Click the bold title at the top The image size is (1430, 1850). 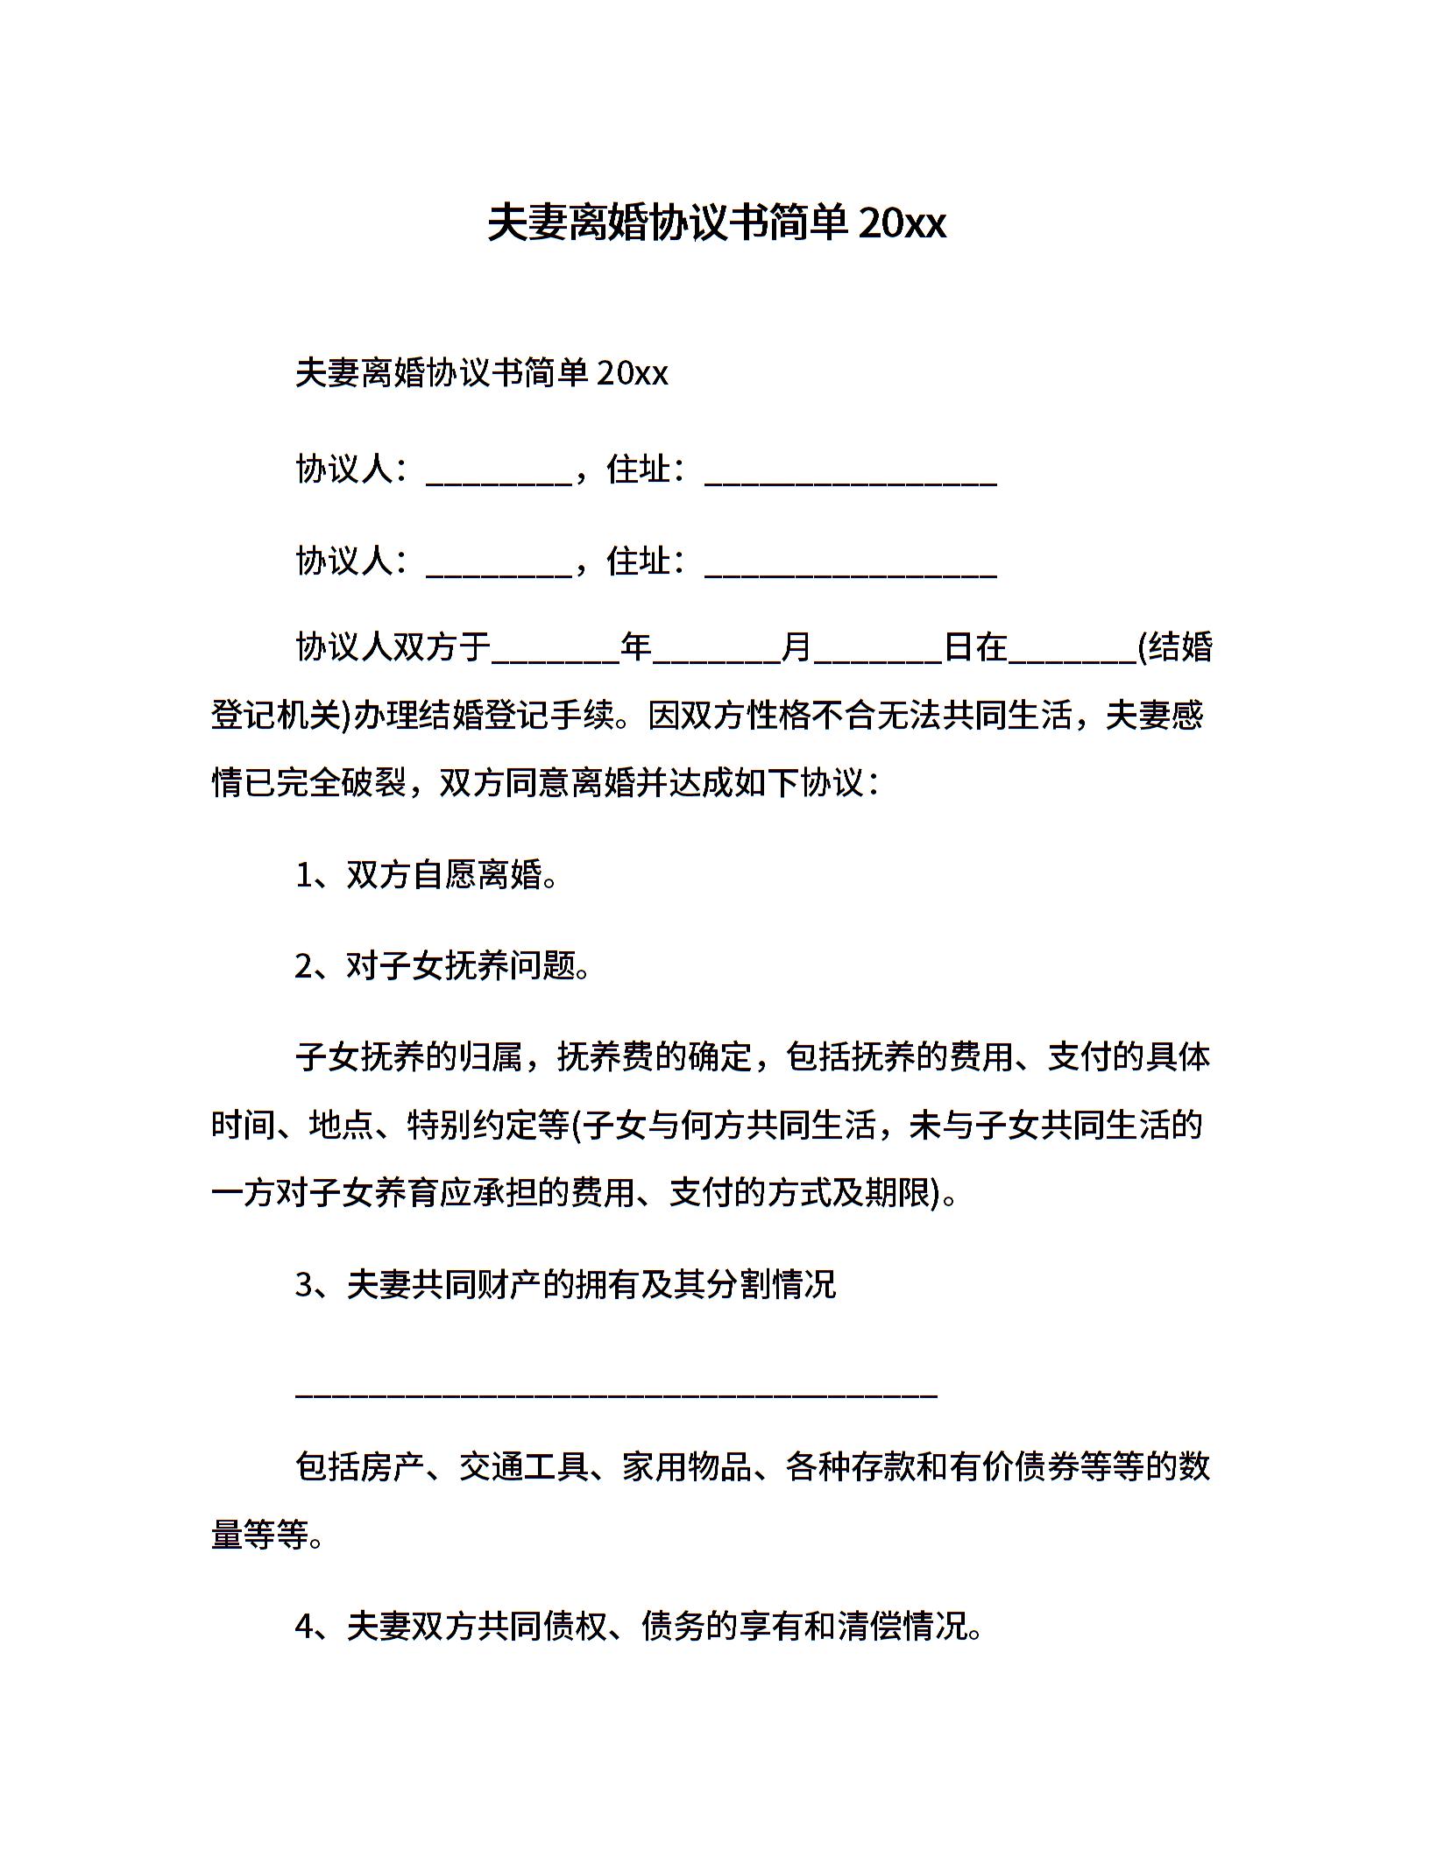click(x=716, y=223)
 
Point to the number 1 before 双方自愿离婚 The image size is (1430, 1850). click(x=304, y=875)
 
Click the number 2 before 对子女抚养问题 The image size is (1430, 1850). click(x=304, y=966)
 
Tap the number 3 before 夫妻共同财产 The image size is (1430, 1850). click(x=304, y=1285)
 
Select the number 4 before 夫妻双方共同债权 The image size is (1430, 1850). click(x=304, y=1627)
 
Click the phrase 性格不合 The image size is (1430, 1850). click(x=811, y=716)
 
